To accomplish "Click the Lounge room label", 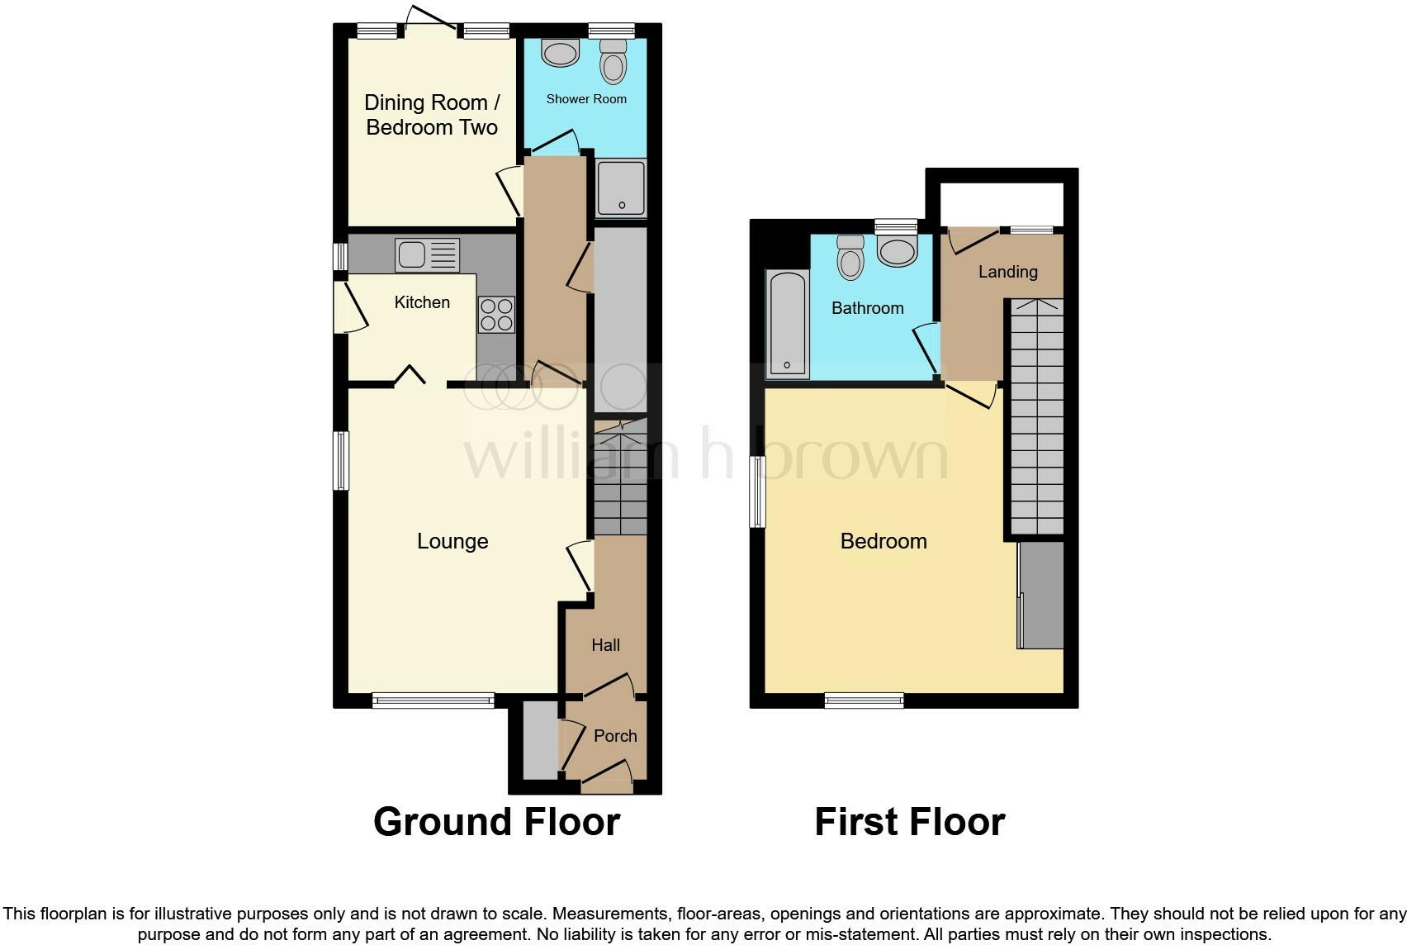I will pos(452,541).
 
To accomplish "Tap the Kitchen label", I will pos(422,302).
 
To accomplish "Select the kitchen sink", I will pos(426,254).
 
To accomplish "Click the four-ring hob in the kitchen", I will pos(496,314).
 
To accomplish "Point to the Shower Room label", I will pos(586,99).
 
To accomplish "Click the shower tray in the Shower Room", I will pos(621,188).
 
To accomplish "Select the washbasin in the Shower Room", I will pos(560,53).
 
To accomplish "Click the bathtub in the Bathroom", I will pos(787,324).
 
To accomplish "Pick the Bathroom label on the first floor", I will pos(867,308).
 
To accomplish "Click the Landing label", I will pos(1007,272).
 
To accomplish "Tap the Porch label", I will pos(615,736).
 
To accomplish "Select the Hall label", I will pos(605,645).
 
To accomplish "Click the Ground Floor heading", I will pos(496,822).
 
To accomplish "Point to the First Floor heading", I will pos(909,822).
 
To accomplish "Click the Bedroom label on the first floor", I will pos(884,541).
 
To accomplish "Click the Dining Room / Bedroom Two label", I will pos(432,115).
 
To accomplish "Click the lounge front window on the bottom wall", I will pos(433,700).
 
